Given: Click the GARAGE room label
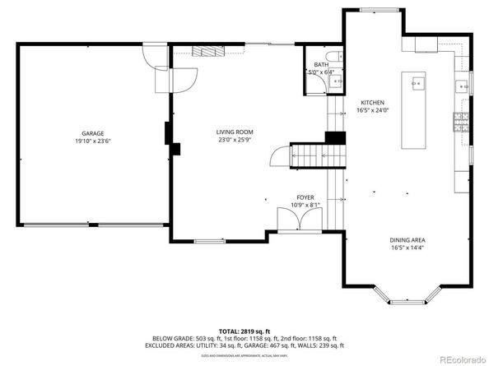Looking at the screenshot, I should pyautogui.click(x=92, y=132).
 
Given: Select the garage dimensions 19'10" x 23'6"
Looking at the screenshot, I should pyautogui.click(x=92, y=141).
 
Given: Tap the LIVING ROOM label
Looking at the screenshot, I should pyautogui.click(x=235, y=132).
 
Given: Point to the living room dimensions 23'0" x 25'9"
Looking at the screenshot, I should pyautogui.click(x=235, y=140).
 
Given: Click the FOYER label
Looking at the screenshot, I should pyautogui.click(x=305, y=197).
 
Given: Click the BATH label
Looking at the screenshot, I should pyautogui.click(x=320, y=64).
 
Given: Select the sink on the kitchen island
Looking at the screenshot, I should pyautogui.click(x=417, y=83).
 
